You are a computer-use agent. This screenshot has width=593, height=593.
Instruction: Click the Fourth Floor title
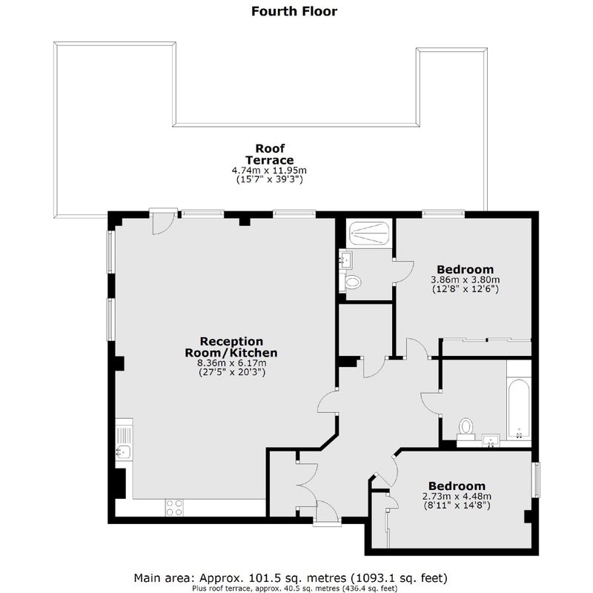pyautogui.click(x=294, y=11)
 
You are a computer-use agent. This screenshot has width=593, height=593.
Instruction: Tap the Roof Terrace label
pyautogui.click(x=269, y=154)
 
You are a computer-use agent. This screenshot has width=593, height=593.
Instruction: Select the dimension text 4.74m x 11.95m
pyautogui.click(x=269, y=170)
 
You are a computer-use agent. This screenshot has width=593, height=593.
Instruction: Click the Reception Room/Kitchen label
pyautogui.click(x=231, y=347)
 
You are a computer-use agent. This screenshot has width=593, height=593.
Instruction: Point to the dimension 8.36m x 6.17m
pyautogui.click(x=231, y=363)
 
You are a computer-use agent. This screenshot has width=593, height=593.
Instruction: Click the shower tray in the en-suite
pyautogui.click(x=368, y=233)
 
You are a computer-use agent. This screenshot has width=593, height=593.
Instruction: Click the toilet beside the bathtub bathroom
pyautogui.click(x=466, y=430)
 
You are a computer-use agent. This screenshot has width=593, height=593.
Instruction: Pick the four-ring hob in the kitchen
pyautogui.click(x=174, y=508)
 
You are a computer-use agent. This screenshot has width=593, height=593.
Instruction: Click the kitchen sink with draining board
pyautogui.click(x=124, y=441)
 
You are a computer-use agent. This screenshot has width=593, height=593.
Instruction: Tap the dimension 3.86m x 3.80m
pyautogui.click(x=466, y=280)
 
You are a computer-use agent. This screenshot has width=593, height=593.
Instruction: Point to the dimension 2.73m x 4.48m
pyautogui.click(x=457, y=496)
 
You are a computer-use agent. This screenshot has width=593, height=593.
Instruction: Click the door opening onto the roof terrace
pyautogui.click(x=163, y=222)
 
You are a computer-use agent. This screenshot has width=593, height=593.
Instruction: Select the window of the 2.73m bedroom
pyautogui.click(x=536, y=480)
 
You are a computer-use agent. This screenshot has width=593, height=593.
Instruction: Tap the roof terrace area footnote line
pyautogui.click(x=294, y=589)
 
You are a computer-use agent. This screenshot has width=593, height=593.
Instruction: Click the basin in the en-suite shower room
pyautogui.click(x=345, y=260)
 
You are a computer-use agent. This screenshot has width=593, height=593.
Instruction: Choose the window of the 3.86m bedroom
pyautogui.click(x=443, y=213)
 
